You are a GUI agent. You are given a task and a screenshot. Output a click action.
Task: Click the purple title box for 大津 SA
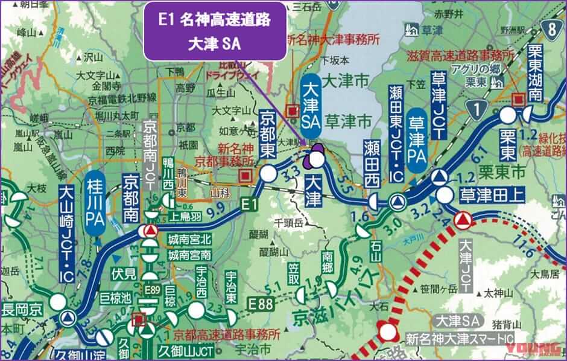coord(214,30)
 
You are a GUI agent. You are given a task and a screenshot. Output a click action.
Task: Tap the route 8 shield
coord(554,28)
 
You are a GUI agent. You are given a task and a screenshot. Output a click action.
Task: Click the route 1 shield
coord(478,109)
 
